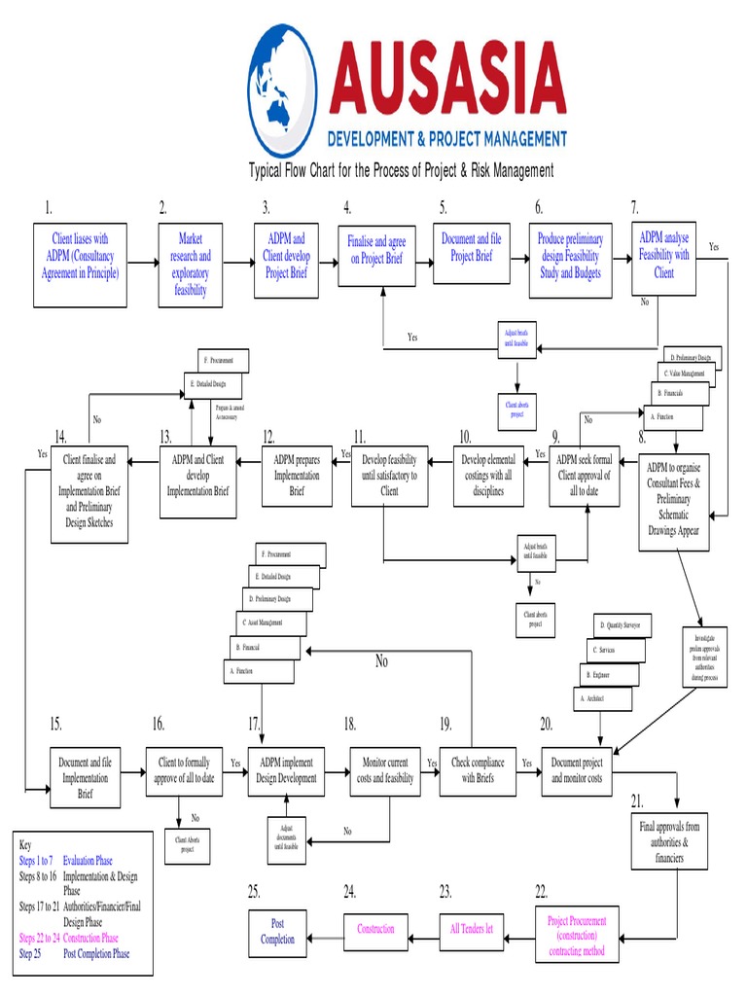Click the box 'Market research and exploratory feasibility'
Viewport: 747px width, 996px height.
pos(191,264)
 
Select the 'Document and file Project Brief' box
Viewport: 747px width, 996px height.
pos(471,250)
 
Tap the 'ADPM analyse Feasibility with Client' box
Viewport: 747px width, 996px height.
pos(663,256)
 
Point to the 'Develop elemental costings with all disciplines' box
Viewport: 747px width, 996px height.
pos(487,476)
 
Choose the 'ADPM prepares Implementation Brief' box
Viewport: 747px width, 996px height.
pos(297,476)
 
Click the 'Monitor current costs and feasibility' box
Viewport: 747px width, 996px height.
pos(384,771)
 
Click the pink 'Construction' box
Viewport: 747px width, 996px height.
pos(375,929)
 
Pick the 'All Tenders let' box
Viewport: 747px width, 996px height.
pos(471,929)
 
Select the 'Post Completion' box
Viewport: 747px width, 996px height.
pos(277,932)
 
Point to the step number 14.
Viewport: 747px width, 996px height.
pos(60,436)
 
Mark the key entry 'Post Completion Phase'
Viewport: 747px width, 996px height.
pos(96,953)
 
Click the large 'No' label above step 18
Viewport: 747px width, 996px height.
pos(381,661)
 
